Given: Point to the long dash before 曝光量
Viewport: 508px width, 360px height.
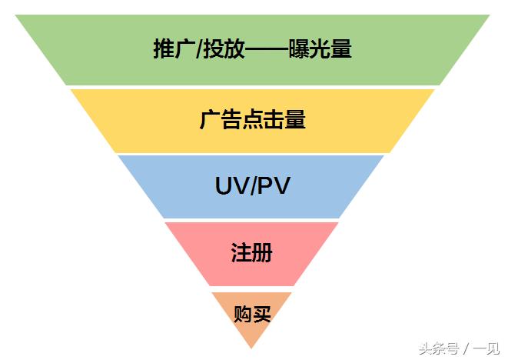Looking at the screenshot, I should tap(267, 49).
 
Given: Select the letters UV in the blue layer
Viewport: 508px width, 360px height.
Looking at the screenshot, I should tap(229, 186).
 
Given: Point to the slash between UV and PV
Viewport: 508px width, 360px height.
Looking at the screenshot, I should tap(253, 186).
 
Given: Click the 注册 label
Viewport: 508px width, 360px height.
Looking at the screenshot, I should tap(251, 252).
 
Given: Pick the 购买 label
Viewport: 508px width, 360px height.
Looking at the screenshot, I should tap(252, 314).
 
